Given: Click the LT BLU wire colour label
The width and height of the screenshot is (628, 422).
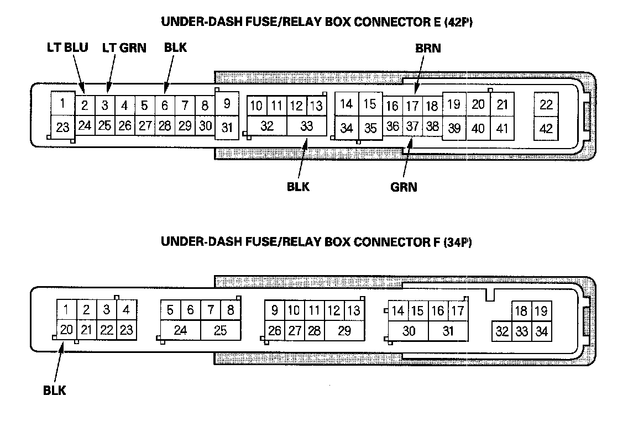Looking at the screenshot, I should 67,48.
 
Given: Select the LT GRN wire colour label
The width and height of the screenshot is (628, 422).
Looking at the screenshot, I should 124,48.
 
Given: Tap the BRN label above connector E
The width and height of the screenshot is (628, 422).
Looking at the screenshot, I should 428,48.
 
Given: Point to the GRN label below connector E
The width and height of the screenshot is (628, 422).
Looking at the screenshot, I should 404,187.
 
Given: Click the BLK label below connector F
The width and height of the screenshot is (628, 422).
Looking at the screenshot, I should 55,391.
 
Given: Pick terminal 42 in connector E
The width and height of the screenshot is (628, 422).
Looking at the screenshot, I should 546,128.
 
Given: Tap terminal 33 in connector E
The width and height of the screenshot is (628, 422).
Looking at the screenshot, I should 307,126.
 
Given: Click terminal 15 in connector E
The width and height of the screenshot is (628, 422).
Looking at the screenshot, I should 370,103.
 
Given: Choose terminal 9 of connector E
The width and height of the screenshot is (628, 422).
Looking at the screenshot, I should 227,103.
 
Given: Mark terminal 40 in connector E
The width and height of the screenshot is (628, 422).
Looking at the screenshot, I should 478,128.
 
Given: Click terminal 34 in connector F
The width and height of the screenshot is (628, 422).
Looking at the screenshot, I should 542,332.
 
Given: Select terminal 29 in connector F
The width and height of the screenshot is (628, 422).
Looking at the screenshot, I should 344,331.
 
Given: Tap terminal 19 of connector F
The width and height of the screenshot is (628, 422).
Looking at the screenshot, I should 541,311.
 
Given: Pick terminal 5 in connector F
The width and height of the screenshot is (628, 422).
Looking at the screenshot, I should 170,310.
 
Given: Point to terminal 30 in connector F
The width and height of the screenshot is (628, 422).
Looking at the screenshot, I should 409,331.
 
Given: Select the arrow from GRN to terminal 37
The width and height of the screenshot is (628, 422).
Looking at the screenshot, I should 408,160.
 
